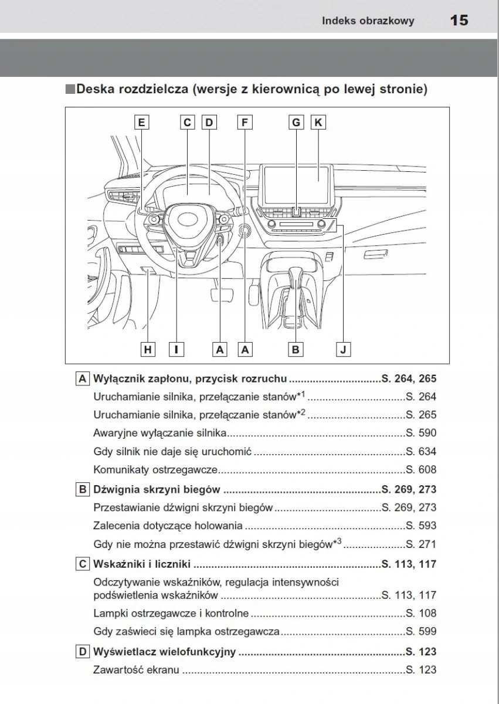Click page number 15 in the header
459,21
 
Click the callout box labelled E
141,122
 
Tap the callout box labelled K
318,122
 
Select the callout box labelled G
296,122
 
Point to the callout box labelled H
148,349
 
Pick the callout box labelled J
344,349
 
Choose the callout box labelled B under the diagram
296,349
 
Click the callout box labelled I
175,349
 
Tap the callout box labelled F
245,122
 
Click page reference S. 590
420,434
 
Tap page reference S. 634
420,452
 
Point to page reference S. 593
420,526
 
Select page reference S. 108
420,614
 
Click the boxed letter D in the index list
83,652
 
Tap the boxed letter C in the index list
83,565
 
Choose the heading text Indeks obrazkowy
368,21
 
